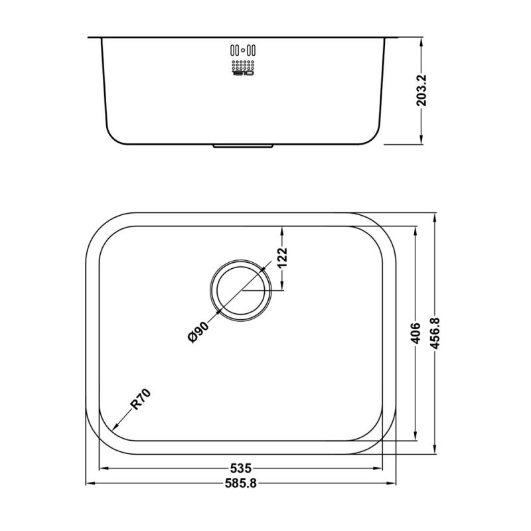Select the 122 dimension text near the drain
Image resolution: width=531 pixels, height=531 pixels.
tap(281, 258)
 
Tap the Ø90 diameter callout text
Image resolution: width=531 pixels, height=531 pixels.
tap(199, 331)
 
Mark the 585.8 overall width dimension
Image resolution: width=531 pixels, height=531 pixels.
tap(242, 483)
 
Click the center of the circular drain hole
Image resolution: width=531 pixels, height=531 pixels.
tap(240, 289)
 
